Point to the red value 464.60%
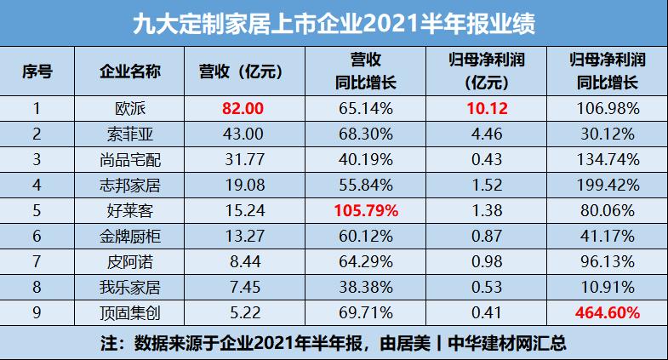607,313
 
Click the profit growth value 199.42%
607,185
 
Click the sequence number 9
37,313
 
